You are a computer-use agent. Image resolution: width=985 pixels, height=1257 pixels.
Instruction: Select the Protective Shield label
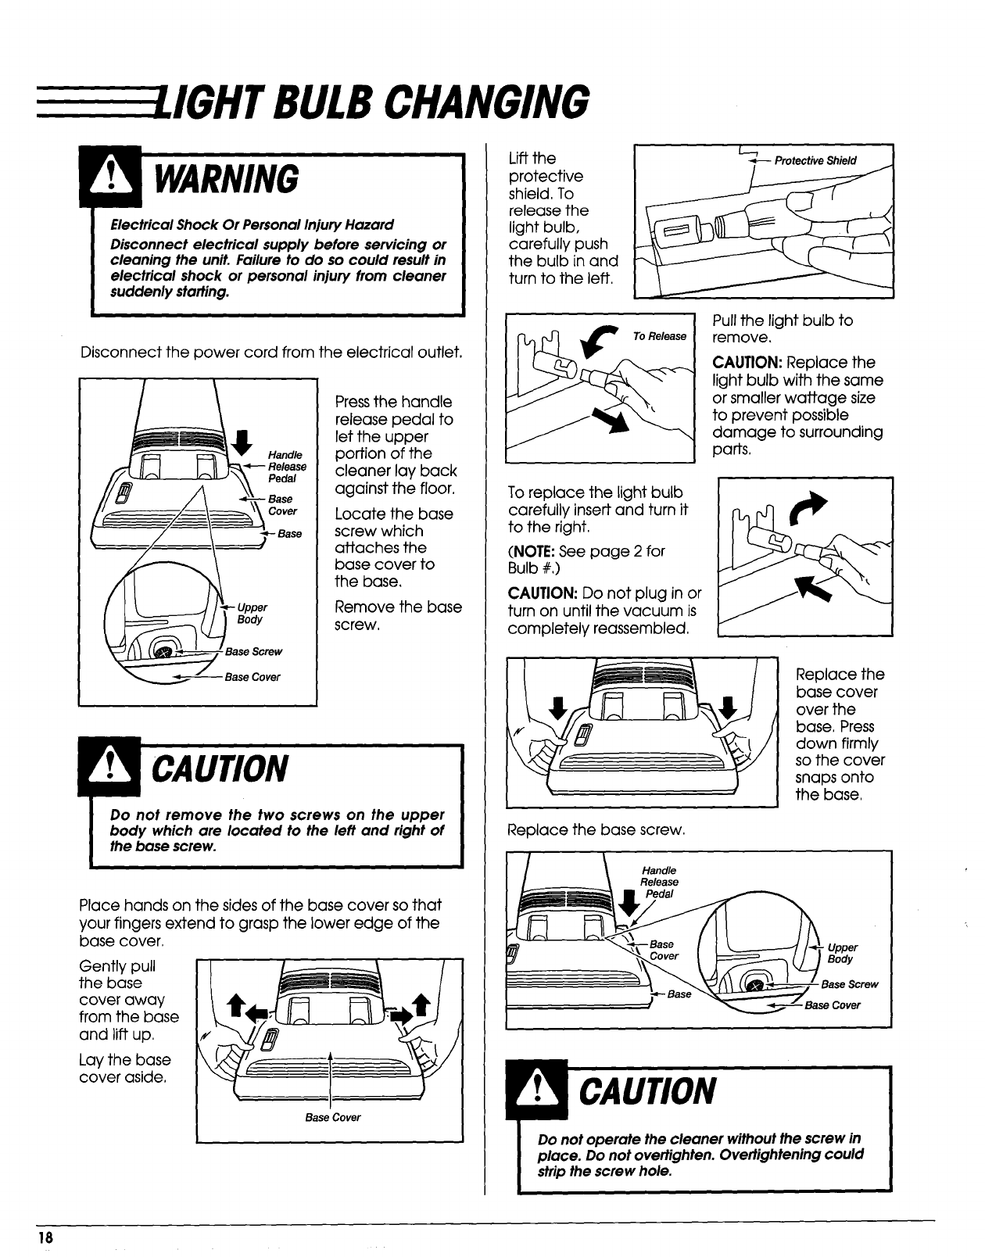[x=815, y=161]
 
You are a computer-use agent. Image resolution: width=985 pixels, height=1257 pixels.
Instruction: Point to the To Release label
[x=659, y=336]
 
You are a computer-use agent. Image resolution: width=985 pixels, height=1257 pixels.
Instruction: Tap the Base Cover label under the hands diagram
[x=333, y=1117]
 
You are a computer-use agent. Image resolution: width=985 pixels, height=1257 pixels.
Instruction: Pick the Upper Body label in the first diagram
[x=251, y=613]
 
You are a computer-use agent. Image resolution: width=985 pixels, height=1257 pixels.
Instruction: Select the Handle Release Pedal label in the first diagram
[x=287, y=467]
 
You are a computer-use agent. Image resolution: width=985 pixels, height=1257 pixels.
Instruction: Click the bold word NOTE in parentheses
[x=535, y=551]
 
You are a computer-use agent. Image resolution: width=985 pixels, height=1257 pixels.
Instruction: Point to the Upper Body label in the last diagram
[x=842, y=953]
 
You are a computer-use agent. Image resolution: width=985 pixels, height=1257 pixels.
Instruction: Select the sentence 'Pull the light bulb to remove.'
[x=782, y=328]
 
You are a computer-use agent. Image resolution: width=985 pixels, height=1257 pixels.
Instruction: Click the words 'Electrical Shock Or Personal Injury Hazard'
[x=252, y=224]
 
